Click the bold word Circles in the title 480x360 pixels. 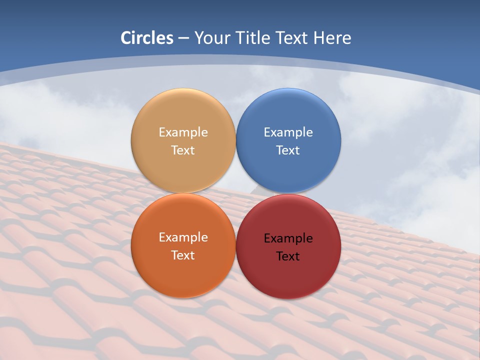[146, 38]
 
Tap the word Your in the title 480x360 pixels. [210, 38]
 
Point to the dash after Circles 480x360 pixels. [183, 38]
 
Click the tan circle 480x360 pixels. [183, 115]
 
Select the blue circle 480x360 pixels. [288, 115]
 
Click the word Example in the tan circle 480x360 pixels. [183, 132]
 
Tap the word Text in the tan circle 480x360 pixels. [183, 150]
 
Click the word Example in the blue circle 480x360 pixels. [288, 132]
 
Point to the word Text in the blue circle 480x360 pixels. [288, 150]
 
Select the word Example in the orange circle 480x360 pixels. [183, 237]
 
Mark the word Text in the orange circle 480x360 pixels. [183, 255]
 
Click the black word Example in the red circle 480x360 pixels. [288, 238]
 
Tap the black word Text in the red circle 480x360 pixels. [288, 256]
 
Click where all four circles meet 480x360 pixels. [236, 193]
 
